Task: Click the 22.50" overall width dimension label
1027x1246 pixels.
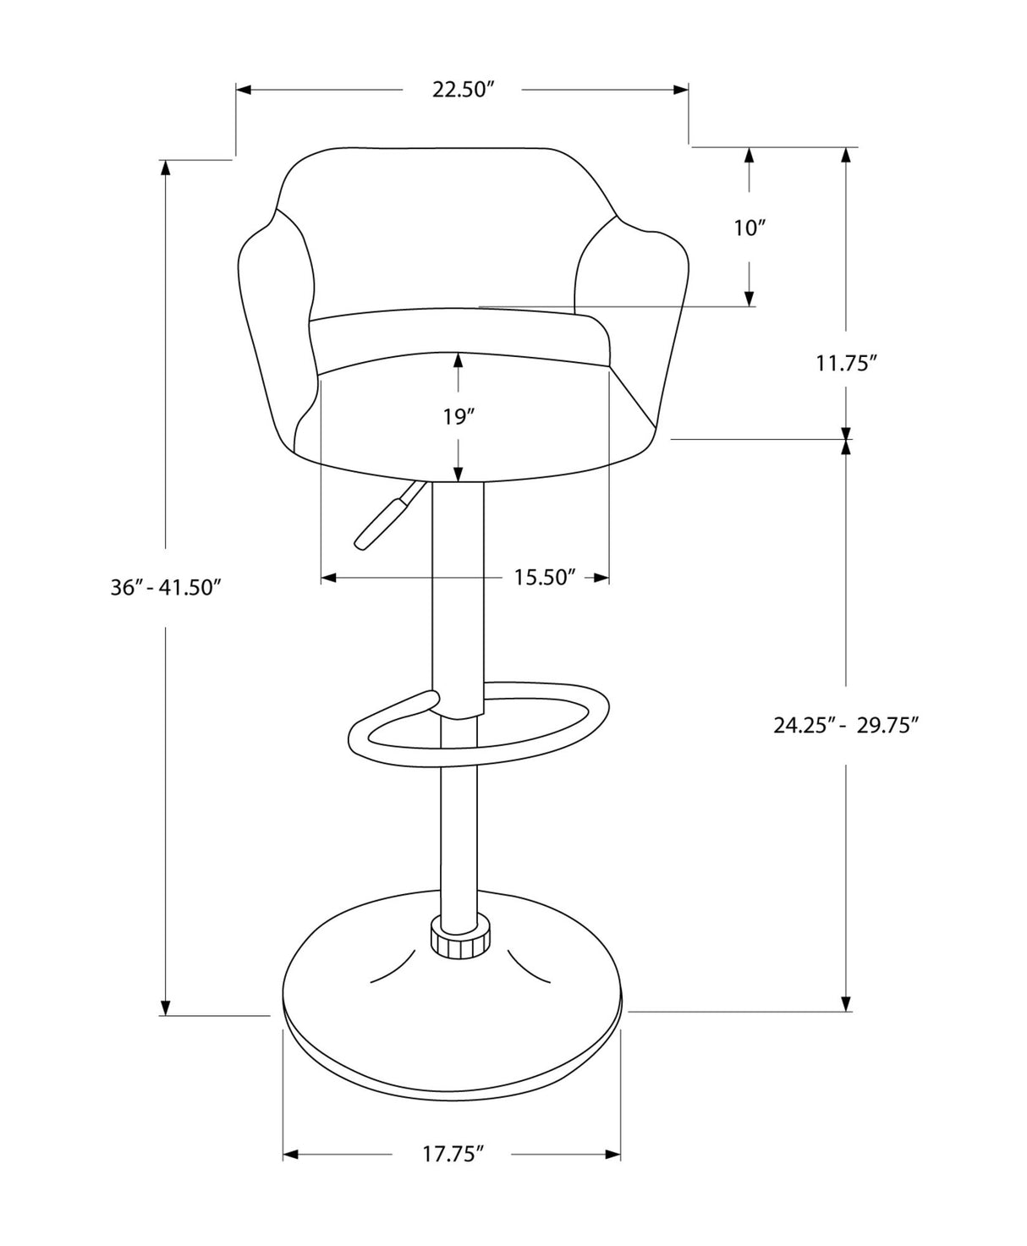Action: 462,90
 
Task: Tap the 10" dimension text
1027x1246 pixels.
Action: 749,228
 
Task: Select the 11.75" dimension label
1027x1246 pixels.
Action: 845,363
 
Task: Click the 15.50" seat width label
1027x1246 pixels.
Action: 545,578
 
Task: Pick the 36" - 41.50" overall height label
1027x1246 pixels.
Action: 166,587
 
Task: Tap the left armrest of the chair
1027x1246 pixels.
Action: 271,338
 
